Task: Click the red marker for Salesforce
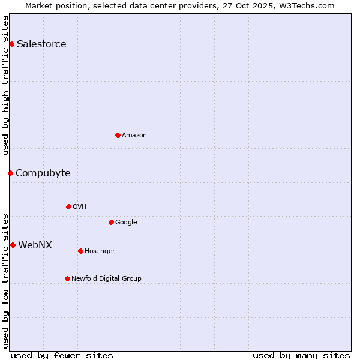(11, 44)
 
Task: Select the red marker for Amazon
(118, 135)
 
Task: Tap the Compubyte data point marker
(10, 173)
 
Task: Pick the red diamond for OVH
(68, 206)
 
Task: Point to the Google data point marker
(111, 222)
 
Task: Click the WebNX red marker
(13, 245)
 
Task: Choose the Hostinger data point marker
(80, 251)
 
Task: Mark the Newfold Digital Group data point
(67, 278)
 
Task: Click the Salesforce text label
(41, 44)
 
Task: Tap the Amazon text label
(134, 135)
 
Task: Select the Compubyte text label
(43, 173)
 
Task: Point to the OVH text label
(80, 206)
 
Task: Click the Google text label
(126, 222)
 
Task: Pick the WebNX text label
(35, 245)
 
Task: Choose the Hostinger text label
(100, 251)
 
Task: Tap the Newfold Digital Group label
(106, 278)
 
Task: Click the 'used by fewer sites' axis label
(62, 355)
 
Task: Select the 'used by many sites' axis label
(301, 355)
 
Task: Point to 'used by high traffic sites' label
(6, 85)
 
